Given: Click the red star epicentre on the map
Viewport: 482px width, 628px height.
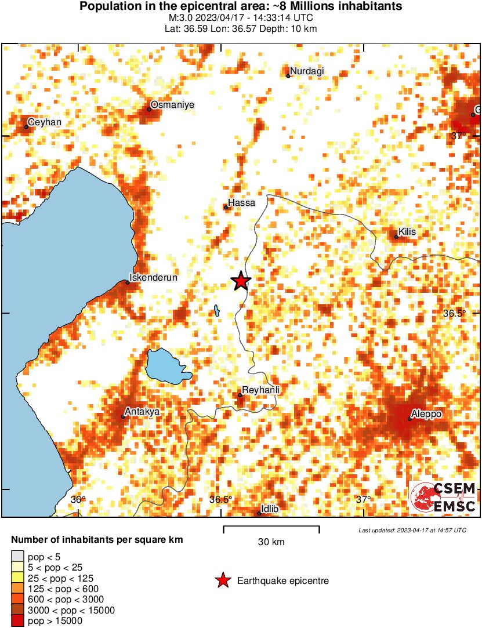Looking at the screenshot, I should point(241,281).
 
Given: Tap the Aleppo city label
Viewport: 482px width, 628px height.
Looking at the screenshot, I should point(426,414).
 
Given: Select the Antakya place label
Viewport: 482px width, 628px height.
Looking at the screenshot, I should point(143,411).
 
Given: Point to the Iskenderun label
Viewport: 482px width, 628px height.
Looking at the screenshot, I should point(153,277).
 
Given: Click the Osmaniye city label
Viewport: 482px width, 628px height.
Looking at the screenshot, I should point(172,104).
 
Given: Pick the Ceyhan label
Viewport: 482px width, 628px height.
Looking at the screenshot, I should point(45,122).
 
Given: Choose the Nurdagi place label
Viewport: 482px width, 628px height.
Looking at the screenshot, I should point(307,71).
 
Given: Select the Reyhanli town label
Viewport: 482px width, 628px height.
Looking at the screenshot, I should point(260,390).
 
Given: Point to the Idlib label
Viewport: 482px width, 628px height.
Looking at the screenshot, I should point(271,509).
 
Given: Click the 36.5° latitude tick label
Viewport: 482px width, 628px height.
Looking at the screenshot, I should point(455,313).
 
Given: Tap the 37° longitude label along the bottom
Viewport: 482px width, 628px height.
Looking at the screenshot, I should point(364,499).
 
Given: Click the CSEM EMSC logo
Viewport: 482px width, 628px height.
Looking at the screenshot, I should point(443,498).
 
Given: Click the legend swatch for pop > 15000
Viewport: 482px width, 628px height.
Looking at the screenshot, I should point(18,621).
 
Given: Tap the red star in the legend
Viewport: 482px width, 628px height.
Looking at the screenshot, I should point(222,580).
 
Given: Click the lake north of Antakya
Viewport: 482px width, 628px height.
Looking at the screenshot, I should point(167,365).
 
